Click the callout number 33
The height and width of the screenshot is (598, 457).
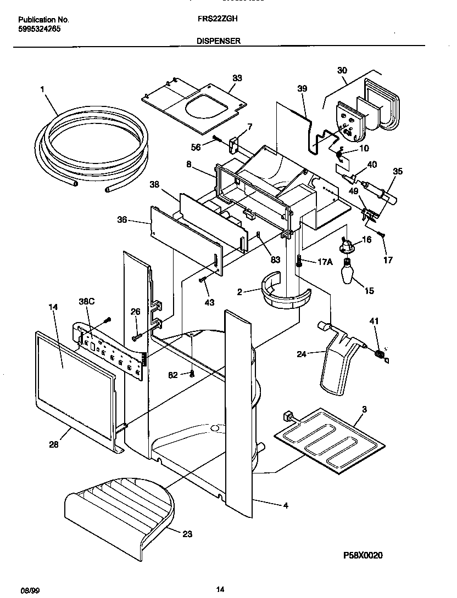(237, 78)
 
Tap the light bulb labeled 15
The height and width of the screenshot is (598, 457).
(347, 272)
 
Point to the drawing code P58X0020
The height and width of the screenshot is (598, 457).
(363, 555)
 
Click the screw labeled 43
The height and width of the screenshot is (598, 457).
(203, 281)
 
